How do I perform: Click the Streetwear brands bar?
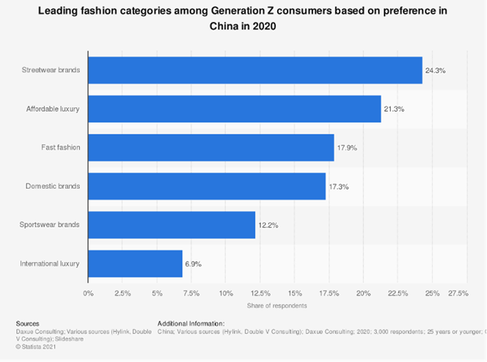pyautogui.click(x=255, y=70)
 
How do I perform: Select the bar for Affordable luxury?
pyautogui.click(x=234, y=109)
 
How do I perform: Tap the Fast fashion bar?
pyautogui.click(x=210, y=148)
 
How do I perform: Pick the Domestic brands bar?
pyautogui.click(x=206, y=187)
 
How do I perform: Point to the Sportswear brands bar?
pyautogui.click(x=171, y=225)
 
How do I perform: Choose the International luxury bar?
pyautogui.click(x=135, y=263)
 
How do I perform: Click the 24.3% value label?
pyautogui.click(x=436, y=70)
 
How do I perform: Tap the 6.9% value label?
pyautogui.click(x=194, y=263)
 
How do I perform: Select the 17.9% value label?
pyautogui.click(x=348, y=148)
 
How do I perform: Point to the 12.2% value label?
pyautogui.click(x=268, y=225)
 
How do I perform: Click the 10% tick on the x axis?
pyautogui.click(x=225, y=293)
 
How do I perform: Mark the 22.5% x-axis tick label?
pyautogui.click(x=397, y=293)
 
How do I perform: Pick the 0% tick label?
pyautogui.click(x=88, y=293)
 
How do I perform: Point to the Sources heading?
pyautogui.click(x=26, y=322)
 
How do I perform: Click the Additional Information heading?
pyautogui.click(x=191, y=322)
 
